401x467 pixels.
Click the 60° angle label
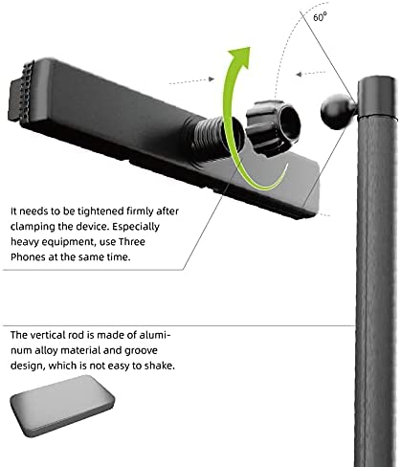(x=320, y=16)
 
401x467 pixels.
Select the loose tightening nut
(x=273, y=127)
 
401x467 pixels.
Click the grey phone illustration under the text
(x=62, y=406)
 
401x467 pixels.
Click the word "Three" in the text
(x=132, y=241)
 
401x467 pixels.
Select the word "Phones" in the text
(x=28, y=256)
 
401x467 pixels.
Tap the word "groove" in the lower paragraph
(x=141, y=351)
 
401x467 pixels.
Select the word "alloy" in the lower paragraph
(x=46, y=351)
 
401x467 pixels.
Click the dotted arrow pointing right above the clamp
(x=191, y=81)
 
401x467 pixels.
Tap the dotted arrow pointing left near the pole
(x=310, y=74)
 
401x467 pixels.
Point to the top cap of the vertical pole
(x=377, y=97)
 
